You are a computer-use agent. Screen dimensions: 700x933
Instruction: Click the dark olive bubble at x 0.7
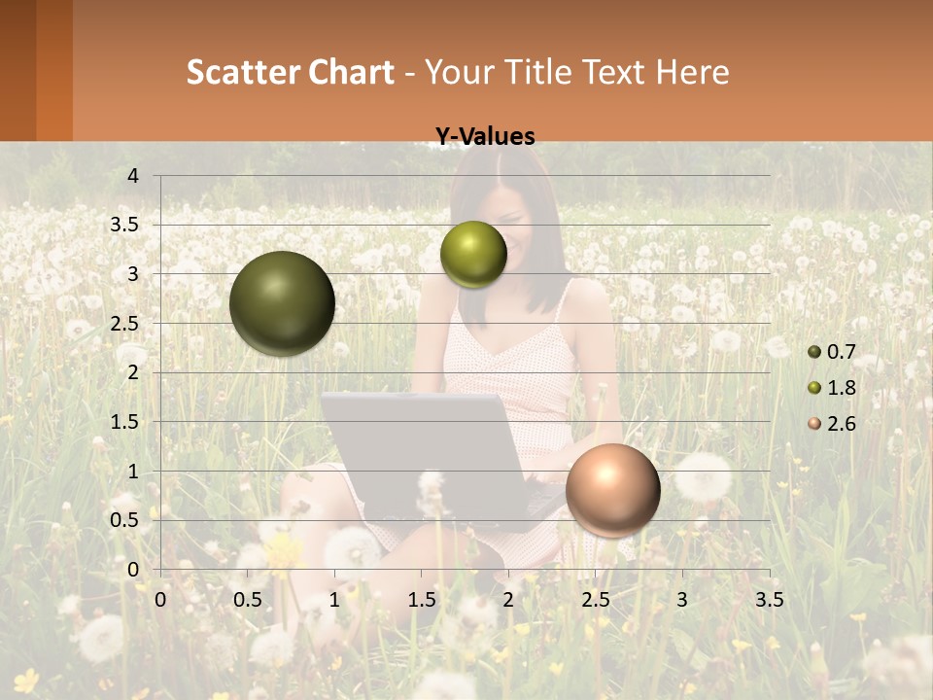point(282,303)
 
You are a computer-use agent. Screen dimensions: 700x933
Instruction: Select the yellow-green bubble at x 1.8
point(473,254)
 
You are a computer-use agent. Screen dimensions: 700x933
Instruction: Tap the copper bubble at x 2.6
point(612,490)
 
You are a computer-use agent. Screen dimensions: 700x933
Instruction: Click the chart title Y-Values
point(485,137)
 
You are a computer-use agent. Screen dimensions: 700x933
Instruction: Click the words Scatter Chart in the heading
point(291,72)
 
